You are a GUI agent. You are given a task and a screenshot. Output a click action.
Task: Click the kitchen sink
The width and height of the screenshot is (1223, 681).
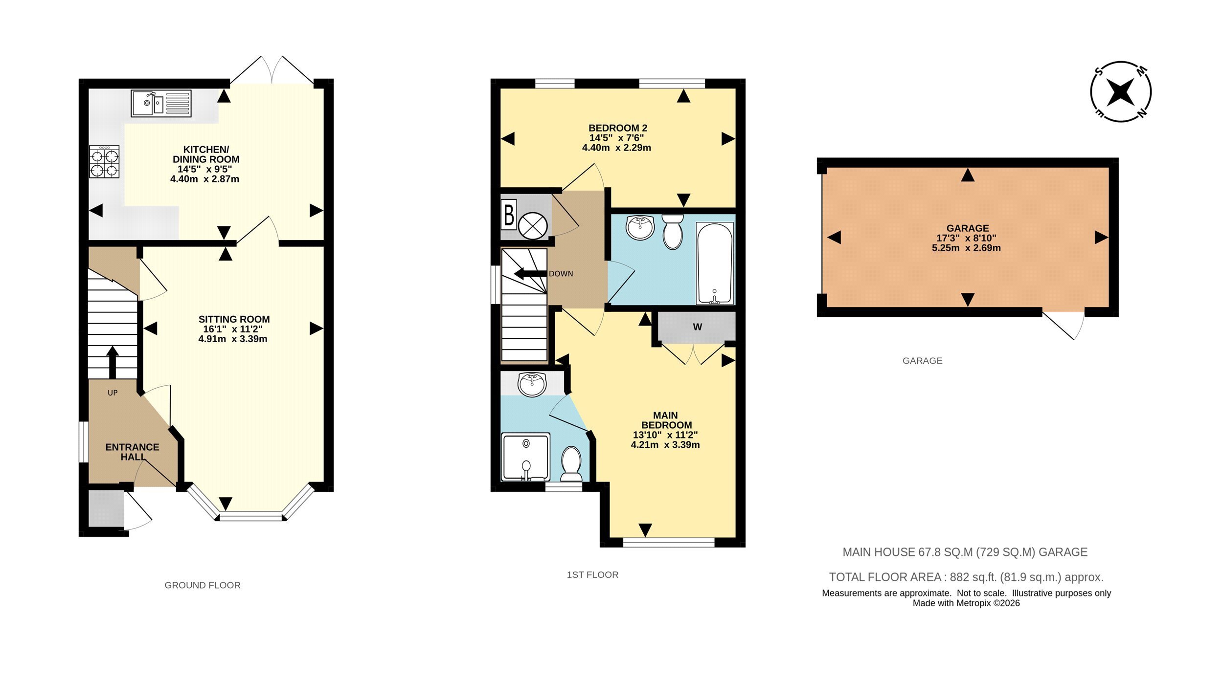161,103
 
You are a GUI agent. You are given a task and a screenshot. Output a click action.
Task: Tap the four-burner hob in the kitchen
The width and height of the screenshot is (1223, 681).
104,161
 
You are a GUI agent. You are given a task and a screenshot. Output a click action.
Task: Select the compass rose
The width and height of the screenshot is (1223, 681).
1120,91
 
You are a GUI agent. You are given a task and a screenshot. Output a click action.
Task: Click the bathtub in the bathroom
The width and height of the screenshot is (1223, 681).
715,263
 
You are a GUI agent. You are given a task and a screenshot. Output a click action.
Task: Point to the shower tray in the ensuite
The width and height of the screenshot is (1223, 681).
526,457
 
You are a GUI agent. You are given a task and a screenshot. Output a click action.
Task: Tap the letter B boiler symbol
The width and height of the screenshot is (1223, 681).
509,215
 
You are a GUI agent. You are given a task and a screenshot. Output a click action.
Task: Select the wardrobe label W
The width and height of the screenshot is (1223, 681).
698,327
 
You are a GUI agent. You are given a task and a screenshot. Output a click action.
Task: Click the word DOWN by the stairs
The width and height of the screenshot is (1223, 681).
561,274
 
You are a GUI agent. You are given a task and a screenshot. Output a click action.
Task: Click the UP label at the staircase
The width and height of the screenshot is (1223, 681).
113,393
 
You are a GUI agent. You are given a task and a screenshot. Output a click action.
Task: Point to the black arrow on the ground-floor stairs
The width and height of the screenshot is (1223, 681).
113,362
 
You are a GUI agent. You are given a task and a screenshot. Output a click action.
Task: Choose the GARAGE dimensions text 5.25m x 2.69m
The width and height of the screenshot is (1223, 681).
966,248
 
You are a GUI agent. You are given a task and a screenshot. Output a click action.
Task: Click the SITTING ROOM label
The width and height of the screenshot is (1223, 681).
234,319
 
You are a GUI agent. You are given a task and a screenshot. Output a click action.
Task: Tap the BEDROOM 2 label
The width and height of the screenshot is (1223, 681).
618,128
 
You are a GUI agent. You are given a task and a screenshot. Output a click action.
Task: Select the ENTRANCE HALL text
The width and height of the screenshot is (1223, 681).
133,452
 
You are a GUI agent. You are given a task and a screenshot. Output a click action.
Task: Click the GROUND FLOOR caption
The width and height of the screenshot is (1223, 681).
203,585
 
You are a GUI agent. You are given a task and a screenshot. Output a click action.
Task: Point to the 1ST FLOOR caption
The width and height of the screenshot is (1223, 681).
592,575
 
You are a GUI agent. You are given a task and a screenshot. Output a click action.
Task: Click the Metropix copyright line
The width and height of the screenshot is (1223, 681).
966,603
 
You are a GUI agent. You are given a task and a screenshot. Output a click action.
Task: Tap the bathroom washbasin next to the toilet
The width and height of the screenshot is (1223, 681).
640,227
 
